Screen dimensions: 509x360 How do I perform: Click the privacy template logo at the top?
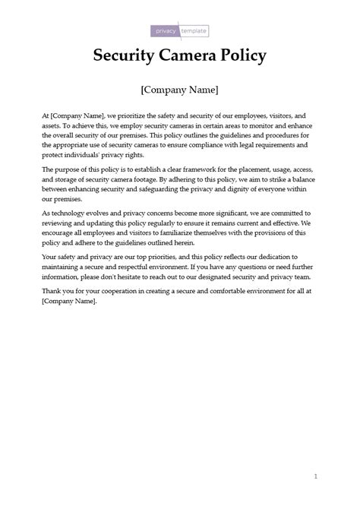click(179, 31)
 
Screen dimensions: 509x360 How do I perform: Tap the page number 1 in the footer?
click(314, 476)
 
